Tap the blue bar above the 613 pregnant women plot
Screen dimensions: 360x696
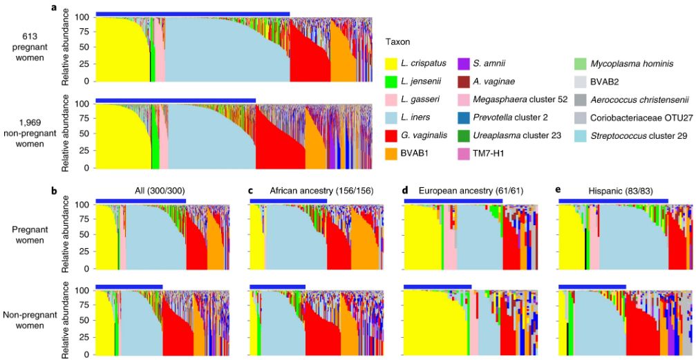tap(192, 13)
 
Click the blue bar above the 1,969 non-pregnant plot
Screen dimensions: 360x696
tap(176, 100)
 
